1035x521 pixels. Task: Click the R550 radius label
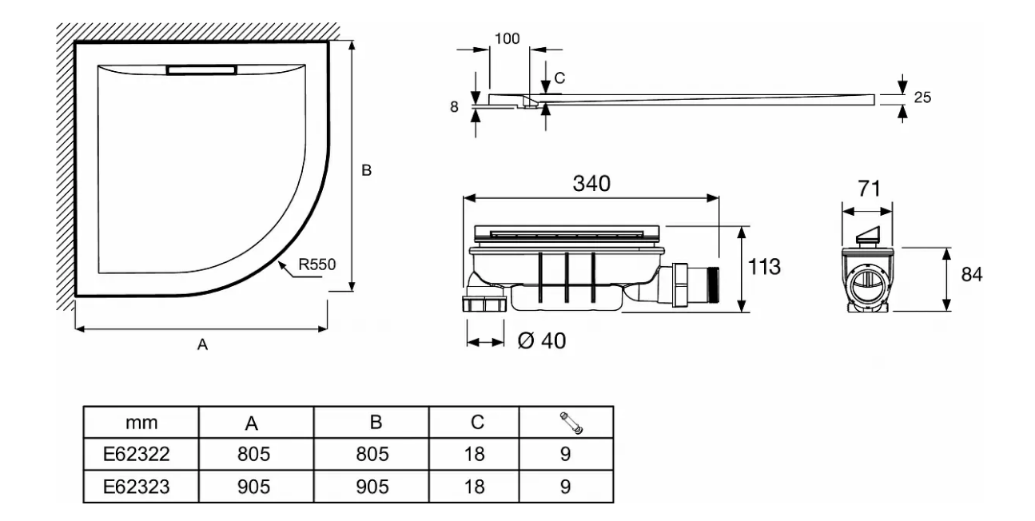(x=317, y=264)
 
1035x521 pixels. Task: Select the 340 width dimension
(x=592, y=183)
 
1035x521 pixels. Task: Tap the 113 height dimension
(x=763, y=267)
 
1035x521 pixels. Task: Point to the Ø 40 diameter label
(x=543, y=340)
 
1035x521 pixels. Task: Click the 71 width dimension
(x=869, y=189)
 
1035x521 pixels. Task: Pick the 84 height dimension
(x=972, y=274)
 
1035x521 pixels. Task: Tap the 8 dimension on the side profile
(x=454, y=107)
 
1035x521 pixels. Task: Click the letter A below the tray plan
(x=202, y=344)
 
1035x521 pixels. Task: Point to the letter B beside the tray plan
(x=366, y=170)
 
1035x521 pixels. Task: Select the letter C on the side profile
(x=559, y=78)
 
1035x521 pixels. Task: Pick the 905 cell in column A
(x=255, y=486)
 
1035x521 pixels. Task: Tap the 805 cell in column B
(x=371, y=454)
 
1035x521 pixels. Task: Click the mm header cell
(x=141, y=422)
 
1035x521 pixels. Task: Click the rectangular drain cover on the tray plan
(x=201, y=70)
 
